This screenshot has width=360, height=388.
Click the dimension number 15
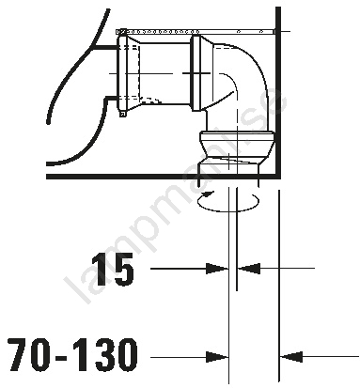[x=113, y=270]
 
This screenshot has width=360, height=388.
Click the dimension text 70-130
[x=72, y=355]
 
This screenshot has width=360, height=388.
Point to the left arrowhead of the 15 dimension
[x=217, y=269]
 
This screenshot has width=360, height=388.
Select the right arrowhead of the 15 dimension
[x=249, y=269]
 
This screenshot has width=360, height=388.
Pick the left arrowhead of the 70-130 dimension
[x=217, y=357]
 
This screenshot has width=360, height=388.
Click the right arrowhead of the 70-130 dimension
[x=291, y=357]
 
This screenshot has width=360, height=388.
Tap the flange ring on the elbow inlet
[x=196, y=73]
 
